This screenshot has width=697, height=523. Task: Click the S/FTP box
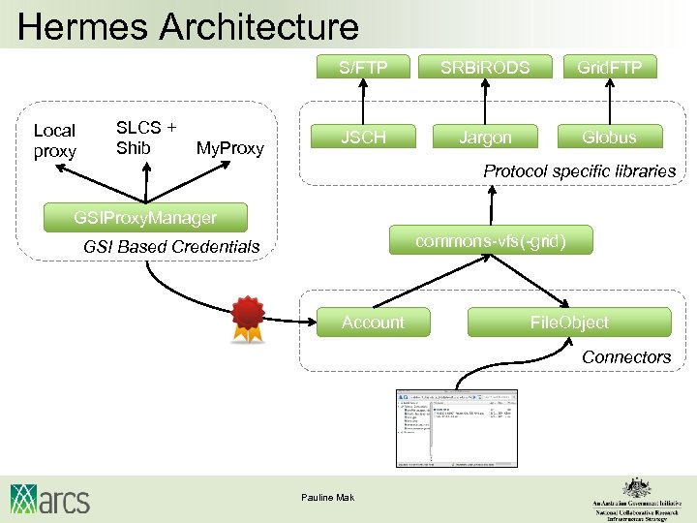(363, 67)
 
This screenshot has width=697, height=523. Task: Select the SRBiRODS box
(485, 67)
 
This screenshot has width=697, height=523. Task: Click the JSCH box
(363, 138)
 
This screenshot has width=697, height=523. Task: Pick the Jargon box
(485, 138)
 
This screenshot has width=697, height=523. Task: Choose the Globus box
(610, 138)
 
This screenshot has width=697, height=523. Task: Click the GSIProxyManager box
(145, 217)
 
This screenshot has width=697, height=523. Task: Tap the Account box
(373, 323)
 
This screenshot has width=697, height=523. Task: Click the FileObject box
(569, 323)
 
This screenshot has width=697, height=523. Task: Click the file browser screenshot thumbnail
(457, 427)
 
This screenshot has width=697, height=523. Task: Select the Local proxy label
(54, 141)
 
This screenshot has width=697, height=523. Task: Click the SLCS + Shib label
(146, 138)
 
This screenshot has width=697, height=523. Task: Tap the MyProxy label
(229, 148)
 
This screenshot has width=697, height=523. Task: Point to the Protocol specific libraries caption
(579, 171)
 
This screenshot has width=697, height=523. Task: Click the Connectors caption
(625, 357)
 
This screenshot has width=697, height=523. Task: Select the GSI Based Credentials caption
(171, 247)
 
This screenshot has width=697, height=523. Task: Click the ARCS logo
(50, 498)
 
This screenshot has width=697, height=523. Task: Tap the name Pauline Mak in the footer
(328, 498)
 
